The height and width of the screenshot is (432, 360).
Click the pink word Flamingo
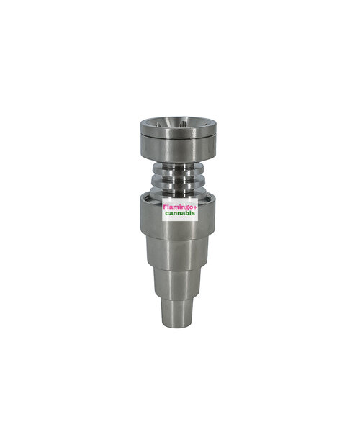(178, 207)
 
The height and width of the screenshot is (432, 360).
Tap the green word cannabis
(180, 213)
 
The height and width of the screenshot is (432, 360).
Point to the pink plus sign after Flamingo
(195, 207)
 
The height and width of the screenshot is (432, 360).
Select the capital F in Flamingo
(165, 207)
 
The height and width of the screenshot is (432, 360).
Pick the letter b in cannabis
(188, 213)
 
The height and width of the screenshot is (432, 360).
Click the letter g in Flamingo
(184, 208)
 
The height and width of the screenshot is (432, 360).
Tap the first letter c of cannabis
(167, 214)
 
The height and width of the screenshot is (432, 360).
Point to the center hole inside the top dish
(182, 125)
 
